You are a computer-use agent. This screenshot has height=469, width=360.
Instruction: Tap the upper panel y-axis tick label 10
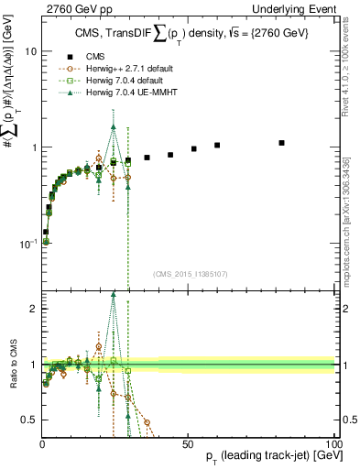[30, 51]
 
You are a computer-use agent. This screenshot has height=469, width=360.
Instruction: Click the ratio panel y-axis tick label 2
[34, 309]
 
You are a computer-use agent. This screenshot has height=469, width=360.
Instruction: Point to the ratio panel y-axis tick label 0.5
[30, 420]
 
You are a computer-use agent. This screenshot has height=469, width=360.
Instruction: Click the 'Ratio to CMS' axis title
[12, 365]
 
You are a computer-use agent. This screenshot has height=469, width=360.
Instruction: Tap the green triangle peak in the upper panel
[114, 127]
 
